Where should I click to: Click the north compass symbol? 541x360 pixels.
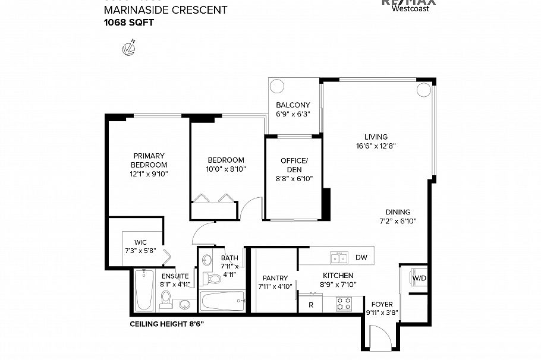[x=128, y=48]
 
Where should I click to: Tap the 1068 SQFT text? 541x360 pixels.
[x=129, y=23]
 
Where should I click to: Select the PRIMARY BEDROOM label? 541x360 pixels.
[x=149, y=160]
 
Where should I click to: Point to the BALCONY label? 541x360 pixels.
[x=293, y=105]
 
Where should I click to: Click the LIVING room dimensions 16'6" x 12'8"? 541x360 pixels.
[x=376, y=146]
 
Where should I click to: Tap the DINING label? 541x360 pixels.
[x=398, y=212]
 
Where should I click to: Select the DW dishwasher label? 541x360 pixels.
[x=361, y=258]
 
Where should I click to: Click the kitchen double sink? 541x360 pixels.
[x=339, y=258]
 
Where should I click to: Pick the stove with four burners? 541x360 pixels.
[x=344, y=304]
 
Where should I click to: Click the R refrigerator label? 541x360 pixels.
[x=310, y=305]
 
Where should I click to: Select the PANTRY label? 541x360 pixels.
[x=275, y=278]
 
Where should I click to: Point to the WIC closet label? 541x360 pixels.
[x=140, y=242]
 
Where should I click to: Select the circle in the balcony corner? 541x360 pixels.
[x=277, y=86]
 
